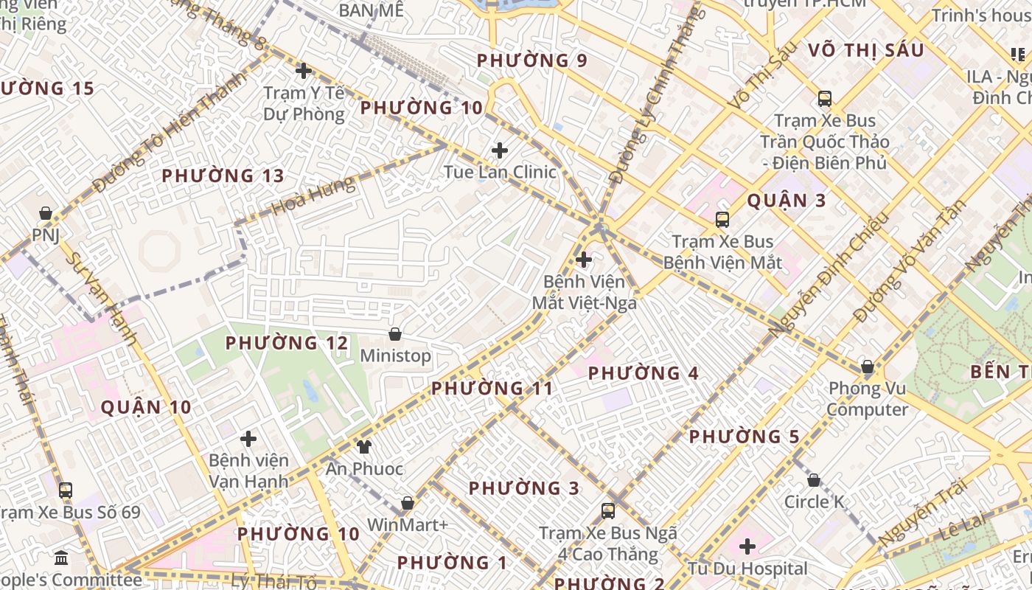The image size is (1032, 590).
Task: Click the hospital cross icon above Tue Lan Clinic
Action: tap(500, 150)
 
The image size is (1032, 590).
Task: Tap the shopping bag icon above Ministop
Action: tap(395, 334)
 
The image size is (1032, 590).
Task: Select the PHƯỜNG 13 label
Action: tap(223, 176)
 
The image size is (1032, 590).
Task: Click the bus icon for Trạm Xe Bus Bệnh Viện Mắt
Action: tap(722, 219)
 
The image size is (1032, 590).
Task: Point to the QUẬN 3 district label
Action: tap(787, 201)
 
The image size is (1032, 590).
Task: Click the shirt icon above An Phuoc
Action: tap(363, 446)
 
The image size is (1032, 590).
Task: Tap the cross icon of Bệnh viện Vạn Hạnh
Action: tap(248, 439)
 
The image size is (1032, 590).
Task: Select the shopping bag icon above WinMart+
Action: tap(407, 503)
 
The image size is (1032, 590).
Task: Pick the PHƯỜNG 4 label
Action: tap(643, 373)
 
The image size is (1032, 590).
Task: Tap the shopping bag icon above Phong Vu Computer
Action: tap(868, 367)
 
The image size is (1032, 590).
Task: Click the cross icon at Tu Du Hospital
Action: tap(747, 546)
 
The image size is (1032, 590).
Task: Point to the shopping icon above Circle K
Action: tap(813, 480)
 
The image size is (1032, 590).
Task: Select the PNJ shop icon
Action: tap(46, 213)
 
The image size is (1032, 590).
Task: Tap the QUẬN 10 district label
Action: tap(146, 407)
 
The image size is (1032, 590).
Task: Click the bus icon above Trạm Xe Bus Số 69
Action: tap(66, 490)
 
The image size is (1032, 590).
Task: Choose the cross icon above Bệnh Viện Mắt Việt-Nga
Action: tap(584, 260)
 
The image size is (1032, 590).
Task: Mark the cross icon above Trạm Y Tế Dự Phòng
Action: tap(303, 71)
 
